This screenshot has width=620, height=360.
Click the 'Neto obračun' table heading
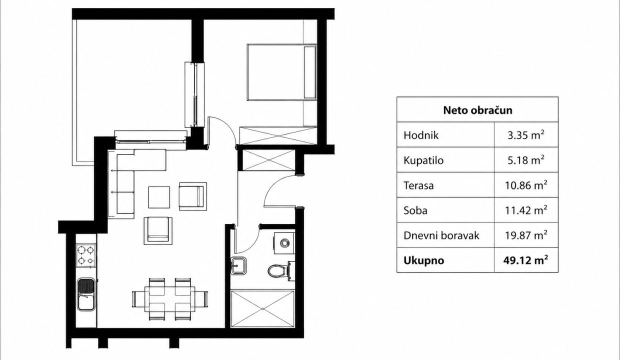pyautogui.click(x=477, y=110)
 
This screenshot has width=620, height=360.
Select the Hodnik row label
pyautogui.click(x=421, y=135)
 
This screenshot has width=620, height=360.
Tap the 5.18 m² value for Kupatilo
pyautogui.click(x=526, y=160)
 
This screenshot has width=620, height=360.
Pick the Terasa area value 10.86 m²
pyautogui.click(x=526, y=185)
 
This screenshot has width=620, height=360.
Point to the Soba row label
pyautogui.click(x=415, y=210)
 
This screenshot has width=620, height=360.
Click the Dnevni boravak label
pyautogui.click(x=441, y=235)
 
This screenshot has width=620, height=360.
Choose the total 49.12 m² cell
pyautogui.click(x=525, y=260)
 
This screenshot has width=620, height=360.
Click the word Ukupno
pyautogui.click(x=424, y=260)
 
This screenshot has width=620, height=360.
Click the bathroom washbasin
pyautogui.click(x=238, y=266)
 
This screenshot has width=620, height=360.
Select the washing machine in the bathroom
pyautogui.click(x=284, y=243)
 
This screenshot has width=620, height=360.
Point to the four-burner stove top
pyautogui.click(x=86, y=255)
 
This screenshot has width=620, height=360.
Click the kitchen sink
pyautogui.click(x=86, y=294)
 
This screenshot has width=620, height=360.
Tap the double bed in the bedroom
pyautogui.click(x=282, y=72)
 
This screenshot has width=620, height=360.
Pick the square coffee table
pyautogui.click(x=159, y=197)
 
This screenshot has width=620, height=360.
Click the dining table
pyautogui.click(x=169, y=299)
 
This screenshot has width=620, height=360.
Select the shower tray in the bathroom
pyautogui.click(x=262, y=308)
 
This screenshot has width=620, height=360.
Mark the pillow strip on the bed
pyautogui.click(x=309, y=72)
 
